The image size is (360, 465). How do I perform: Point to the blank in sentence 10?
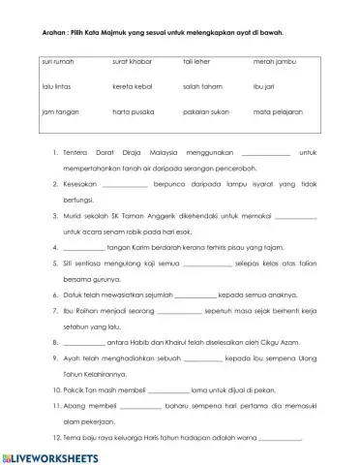pos(166,387)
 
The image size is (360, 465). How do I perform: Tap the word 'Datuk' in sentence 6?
pos(73,295)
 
